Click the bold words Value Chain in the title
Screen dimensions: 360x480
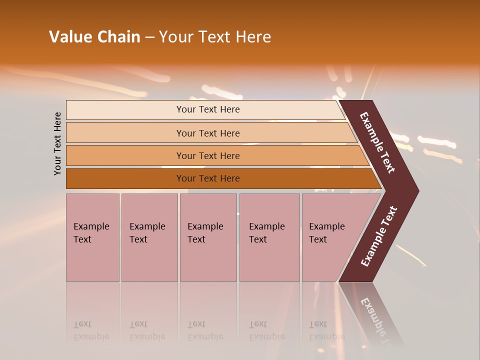point(94,37)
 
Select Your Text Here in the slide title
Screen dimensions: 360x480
point(215,37)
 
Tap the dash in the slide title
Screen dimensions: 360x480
point(149,37)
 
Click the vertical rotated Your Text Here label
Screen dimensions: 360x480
point(57,144)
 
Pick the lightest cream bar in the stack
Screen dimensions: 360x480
point(207,109)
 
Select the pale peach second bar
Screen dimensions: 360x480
point(207,133)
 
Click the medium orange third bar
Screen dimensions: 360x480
point(207,155)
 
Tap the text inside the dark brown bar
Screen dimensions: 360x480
point(207,178)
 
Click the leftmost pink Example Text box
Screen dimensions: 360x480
point(92,237)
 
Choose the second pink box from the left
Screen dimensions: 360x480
point(149,237)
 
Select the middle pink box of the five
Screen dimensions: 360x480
point(208,237)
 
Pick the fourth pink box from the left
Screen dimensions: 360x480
point(269,237)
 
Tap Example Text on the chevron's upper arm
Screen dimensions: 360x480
point(377,142)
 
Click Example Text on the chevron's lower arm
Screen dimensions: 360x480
point(378,236)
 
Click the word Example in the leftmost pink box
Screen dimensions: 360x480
point(91,226)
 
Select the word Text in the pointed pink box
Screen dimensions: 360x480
point(318,239)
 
